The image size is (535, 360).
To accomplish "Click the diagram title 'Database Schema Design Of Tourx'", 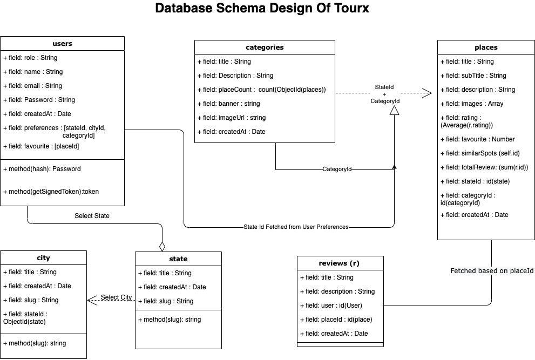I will [x=262, y=9].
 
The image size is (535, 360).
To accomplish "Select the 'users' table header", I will [x=62, y=43].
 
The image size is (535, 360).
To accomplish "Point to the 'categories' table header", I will [x=265, y=47].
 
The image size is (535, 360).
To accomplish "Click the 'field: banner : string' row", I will [x=229, y=104].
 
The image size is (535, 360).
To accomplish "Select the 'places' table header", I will [x=486, y=47].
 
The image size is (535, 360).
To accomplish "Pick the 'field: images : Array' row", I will [x=472, y=104].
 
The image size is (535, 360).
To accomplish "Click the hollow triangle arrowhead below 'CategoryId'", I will [x=395, y=110].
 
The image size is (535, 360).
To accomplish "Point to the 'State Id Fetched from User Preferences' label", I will [x=296, y=227].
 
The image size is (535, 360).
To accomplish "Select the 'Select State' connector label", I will [x=92, y=216].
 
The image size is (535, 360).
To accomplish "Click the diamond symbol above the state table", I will [x=162, y=246].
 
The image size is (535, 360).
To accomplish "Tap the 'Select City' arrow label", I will [x=116, y=297].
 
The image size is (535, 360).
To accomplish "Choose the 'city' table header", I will [x=43, y=258].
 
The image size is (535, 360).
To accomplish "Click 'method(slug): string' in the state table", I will [x=172, y=320].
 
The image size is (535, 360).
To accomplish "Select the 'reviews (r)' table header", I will [x=340, y=263].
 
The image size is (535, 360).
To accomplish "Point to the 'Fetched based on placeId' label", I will [x=492, y=270].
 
